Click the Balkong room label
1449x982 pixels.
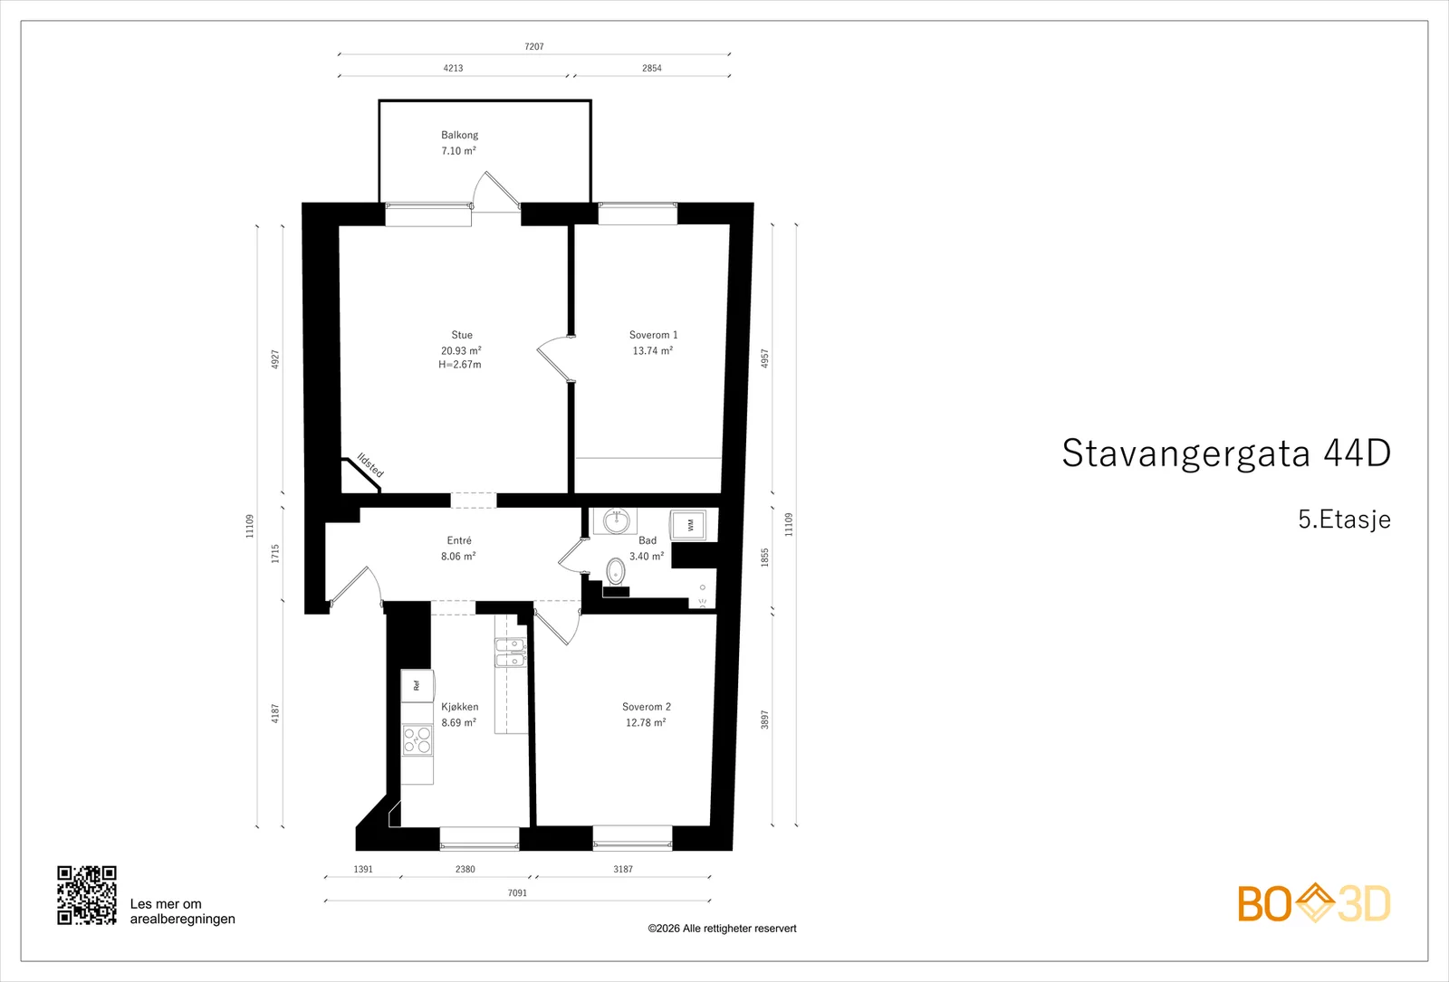[459, 135]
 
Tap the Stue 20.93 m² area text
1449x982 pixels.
[461, 350]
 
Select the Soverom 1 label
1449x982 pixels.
[653, 335]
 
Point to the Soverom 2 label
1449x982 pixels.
[647, 707]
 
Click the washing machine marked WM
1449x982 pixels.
[687, 525]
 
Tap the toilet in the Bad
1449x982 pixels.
[615, 572]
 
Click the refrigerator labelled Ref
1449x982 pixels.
[417, 685]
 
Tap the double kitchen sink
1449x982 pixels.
[511, 653]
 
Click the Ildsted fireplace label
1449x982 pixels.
[370, 465]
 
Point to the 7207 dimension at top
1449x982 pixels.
[534, 46]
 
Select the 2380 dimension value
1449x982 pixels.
[465, 869]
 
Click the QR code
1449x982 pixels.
[87, 895]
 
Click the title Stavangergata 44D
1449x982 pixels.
[1226, 453]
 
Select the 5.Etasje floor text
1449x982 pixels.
[1344, 520]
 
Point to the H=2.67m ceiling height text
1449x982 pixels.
[460, 365]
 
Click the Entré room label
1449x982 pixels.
[459, 540]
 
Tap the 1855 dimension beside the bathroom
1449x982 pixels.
[764, 558]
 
